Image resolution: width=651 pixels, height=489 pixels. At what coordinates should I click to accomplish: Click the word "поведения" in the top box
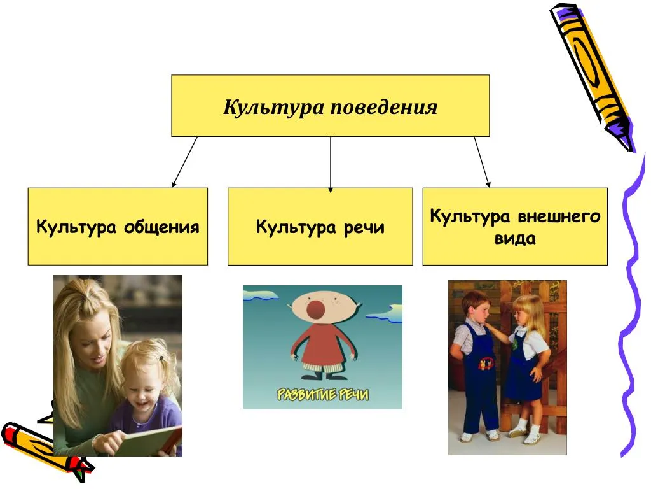point(383,107)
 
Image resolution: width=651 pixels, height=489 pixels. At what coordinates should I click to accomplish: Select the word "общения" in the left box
point(161,227)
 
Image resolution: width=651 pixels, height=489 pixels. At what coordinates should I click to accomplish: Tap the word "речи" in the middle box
point(364,227)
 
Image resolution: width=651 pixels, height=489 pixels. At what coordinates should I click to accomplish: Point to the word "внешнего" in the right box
point(559,216)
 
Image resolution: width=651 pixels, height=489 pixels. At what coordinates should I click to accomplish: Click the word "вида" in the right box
point(515,239)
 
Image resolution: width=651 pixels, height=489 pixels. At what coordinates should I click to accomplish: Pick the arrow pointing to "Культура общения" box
point(184,162)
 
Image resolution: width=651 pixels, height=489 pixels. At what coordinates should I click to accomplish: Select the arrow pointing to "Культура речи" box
point(331,164)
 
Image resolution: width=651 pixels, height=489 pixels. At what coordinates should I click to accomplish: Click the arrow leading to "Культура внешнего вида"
point(483,162)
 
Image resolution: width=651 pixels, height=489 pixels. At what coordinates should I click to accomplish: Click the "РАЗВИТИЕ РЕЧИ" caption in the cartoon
point(322,394)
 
